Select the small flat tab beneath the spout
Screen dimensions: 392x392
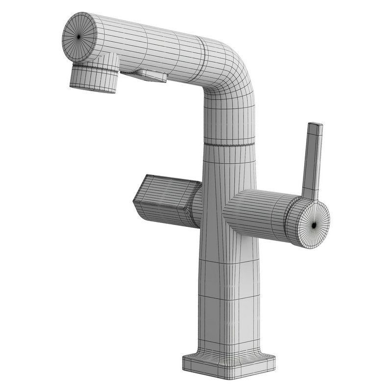[145, 76]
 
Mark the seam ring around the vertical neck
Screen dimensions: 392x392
[229, 144]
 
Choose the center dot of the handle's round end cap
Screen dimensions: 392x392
[314, 224]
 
